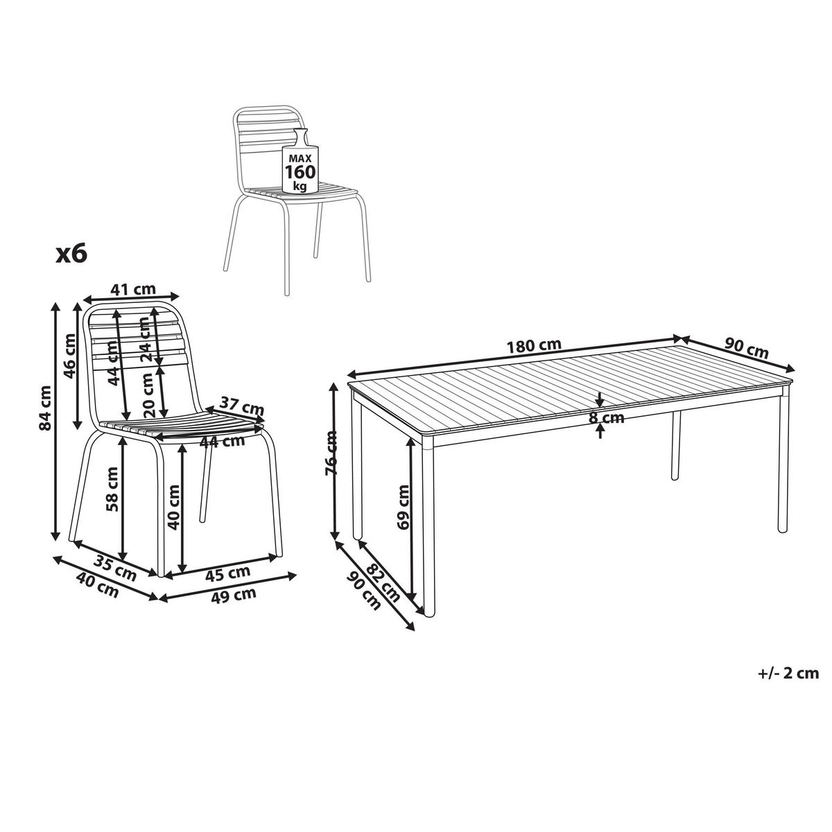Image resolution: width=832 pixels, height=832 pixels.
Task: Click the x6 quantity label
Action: pyautogui.click(x=71, y=254)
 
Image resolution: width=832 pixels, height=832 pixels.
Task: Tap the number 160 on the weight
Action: pyautogui.click(x=300, y=172)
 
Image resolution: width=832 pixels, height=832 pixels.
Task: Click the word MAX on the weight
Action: pyautogui.click(x=300, y=159)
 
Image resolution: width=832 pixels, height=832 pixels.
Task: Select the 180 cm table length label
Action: pyautogui.click(x=534, y=345)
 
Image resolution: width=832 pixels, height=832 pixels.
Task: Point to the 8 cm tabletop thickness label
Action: pyautogui.click(x=607, y=418)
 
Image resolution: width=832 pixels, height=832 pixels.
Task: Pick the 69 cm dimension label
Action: pyautogui.click(x=404, y=507)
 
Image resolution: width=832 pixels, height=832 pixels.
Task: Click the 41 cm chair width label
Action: pyautogui.click(x=133, y=289)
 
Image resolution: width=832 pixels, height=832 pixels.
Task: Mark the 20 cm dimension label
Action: pyautogui.click(x=148, y=395)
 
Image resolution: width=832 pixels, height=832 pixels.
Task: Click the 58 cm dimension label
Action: pyautogui.click(x=112, y=489)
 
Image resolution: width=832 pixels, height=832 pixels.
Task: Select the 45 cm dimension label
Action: pyautogui.click(x=227, y=573)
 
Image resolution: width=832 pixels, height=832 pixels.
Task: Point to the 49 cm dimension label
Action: pyautogui.click(x=234, y=596)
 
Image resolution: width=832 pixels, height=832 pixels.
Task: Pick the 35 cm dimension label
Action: pyautogui.click(x=115, y=570)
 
